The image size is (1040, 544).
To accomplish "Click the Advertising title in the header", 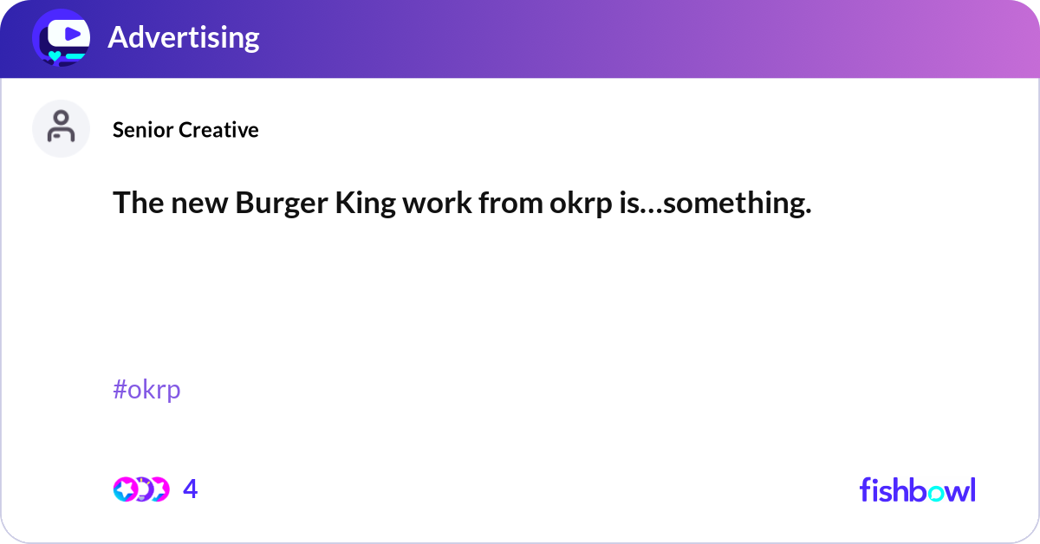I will coord(183,37).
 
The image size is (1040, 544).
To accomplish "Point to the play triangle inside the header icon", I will coord(73,34).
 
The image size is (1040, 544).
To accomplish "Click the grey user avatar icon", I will coord(61,128).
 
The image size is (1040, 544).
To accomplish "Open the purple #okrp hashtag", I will coord(146,390).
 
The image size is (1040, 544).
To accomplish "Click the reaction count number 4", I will coord(191,489).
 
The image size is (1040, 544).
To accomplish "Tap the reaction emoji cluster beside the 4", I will coord(140,489).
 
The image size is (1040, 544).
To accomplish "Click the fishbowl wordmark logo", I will coord(917,489).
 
